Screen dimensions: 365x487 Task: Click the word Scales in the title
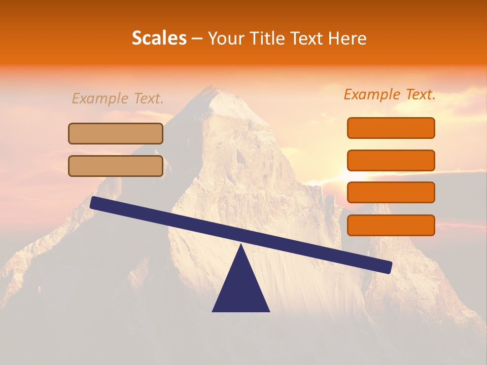[159, 38]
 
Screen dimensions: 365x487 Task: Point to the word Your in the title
[224, 39]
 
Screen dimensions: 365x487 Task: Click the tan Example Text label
[118, 98]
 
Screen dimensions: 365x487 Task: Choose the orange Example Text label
[390, 94]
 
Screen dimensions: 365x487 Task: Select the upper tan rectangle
[116, 133]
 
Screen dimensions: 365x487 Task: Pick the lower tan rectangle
[116, 166]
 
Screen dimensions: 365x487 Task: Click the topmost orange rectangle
[391, 128]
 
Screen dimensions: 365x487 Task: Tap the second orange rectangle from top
[391, 160]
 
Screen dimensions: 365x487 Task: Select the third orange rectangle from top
[391, 193]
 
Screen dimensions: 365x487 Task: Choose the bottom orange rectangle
[391, 225]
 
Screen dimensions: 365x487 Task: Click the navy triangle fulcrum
[241, 289]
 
